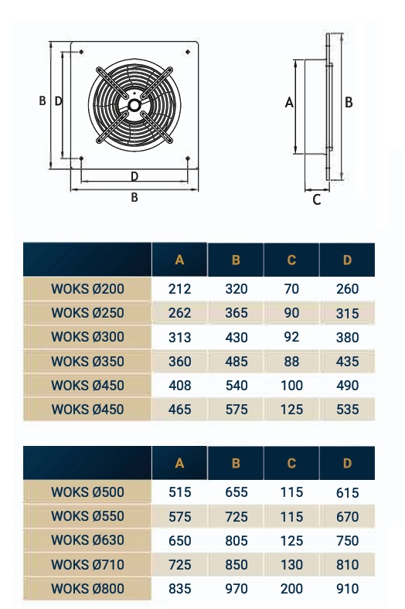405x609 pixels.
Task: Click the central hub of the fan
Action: coord(134,104)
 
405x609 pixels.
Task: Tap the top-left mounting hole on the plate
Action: coord(81,52)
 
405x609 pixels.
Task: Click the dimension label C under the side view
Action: coord(316,199)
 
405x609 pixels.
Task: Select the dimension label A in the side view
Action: coord(289,102)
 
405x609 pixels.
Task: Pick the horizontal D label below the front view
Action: coord(134,176)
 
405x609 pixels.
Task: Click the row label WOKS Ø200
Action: coord(87,289)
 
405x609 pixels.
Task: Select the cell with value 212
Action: coord(179,289)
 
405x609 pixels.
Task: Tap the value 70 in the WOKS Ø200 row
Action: coord(291,289)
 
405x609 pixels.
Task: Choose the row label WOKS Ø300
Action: coord(87,337)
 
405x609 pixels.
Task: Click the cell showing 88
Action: coord(291,361)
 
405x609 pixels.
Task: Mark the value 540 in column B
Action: coord(236,385)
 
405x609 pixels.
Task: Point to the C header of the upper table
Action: coord(291,260)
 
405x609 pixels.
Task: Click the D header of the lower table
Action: coord(347,463)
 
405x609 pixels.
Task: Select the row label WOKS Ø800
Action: coord(87,589)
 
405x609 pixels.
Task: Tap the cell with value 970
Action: coord(236,589)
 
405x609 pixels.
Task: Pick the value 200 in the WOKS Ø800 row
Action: coord(291,589)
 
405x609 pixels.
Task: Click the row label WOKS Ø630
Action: coord(87,540)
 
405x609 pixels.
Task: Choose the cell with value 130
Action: coord(291,565)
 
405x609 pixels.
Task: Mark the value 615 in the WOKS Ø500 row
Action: coord(347,492)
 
